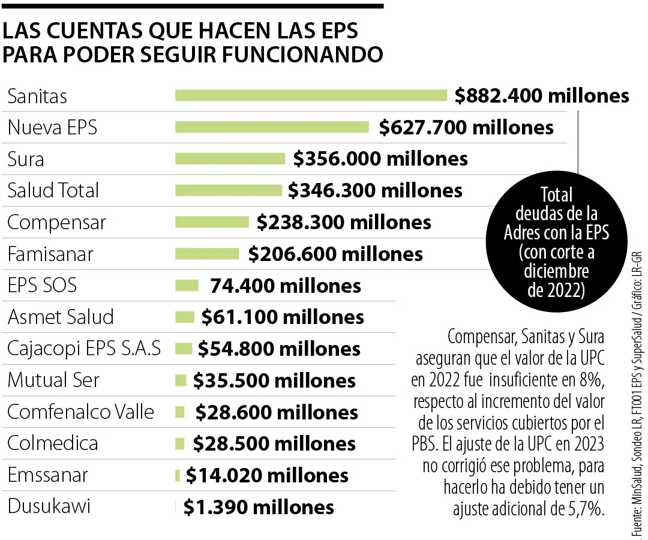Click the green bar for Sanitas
[x=311, y=95]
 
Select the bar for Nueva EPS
[x=271, y=127]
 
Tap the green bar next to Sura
[x=230, y=158]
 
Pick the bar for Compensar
[x=211, y=222]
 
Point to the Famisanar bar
[x=206, y=254]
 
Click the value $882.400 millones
[x=542, y=95]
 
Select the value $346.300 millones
[x=375, y=190]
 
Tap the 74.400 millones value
[x=286, y=286]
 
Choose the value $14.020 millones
[x=267, y=475]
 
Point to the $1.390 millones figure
[x=259, y=507]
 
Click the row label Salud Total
[x=53, y=190]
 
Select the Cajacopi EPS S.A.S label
[x=84, y=349]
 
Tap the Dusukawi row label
[x=49, y=506]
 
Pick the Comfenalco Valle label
[x=80, y=412]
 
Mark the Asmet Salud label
[x=60, y=317]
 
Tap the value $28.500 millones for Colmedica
[x=274, y=443]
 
